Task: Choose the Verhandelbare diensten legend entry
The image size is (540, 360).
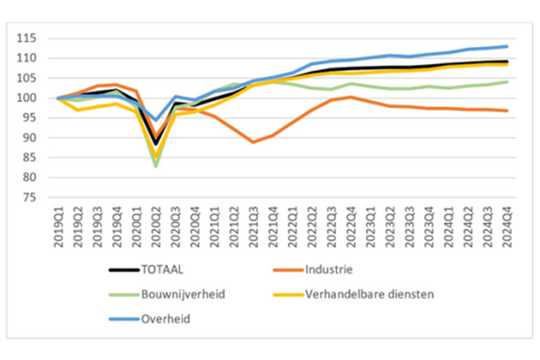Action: pos(369,294)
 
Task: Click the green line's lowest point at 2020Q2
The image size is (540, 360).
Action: pos(156,166)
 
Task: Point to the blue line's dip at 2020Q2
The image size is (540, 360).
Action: pos(156,120)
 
